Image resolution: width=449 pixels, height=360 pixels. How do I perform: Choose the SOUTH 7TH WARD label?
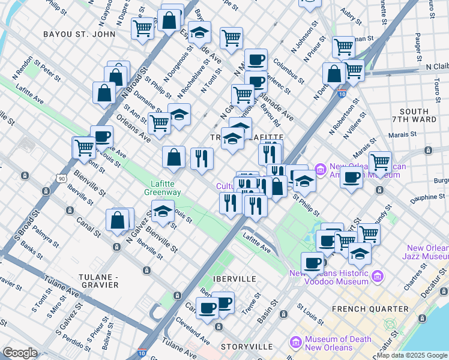click(414, 116)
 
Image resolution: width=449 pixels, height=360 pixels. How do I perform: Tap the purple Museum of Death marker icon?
click(295, 343)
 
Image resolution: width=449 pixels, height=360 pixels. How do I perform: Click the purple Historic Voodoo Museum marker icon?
click(377, 276)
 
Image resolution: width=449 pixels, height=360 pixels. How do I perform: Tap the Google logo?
click(20, 353)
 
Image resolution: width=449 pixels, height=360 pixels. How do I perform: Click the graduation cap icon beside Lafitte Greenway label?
click(161, 211)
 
